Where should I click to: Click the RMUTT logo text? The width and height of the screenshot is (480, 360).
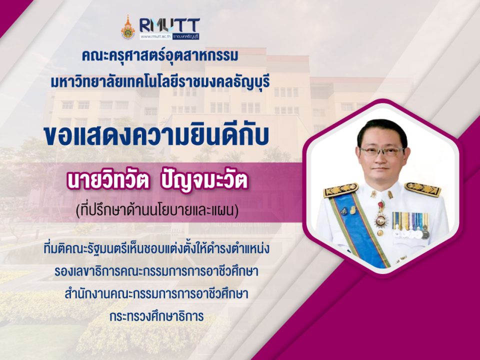(x=169, y=25)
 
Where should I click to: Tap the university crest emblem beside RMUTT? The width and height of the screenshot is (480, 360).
(x=127, y=28)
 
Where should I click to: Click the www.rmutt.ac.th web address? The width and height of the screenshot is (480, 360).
(x=156, y=36)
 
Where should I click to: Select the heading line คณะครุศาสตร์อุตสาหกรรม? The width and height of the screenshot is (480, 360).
(x=160, y=56)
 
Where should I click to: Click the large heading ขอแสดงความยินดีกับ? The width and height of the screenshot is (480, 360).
(x=156, y=136)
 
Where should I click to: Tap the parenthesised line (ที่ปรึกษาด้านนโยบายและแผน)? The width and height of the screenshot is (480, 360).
(x=157, y=211)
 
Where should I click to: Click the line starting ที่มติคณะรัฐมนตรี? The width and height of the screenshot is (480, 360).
(x=156, y=249)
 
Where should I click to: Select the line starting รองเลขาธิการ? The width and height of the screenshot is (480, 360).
(x=156, y=271)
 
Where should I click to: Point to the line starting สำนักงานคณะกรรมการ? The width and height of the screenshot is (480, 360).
(x=156, y=293)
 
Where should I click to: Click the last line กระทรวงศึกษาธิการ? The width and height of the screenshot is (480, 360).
(x=156, y=316)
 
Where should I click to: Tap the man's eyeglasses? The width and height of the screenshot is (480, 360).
(x=382, y=151)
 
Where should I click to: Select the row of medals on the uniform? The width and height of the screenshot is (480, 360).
(x=411, y=225)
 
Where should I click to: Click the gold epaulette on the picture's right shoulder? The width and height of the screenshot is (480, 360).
(x=423, y=189)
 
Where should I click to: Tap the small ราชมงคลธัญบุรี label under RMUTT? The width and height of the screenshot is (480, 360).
(x=185, y=36)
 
